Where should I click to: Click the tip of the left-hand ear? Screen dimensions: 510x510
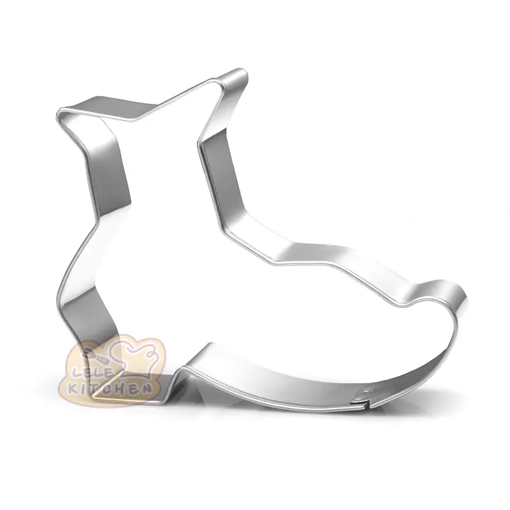pos(59,112)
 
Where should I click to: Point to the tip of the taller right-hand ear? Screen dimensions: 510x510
pos(244,71)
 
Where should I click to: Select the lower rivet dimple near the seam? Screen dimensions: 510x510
pos(359,397)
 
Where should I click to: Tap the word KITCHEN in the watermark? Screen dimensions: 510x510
pos(110,389)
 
